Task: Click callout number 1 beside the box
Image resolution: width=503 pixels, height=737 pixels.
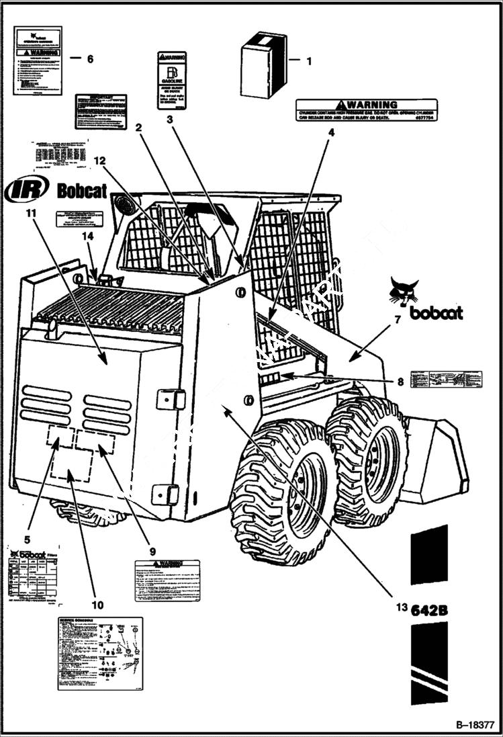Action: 309,61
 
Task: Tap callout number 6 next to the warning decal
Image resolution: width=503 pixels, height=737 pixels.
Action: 90,58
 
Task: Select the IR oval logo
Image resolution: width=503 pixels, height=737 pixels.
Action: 26,190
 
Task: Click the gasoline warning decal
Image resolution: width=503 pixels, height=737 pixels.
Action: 172,80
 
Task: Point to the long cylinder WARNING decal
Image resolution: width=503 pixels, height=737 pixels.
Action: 367,110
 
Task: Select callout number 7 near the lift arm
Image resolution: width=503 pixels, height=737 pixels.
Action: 397,320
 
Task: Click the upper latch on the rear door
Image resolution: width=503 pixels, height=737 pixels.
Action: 171,399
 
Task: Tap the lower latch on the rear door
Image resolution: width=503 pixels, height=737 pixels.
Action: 165,494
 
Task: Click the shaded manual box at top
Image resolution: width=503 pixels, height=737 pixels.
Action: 264,64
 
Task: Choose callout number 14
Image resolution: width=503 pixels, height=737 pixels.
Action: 87,236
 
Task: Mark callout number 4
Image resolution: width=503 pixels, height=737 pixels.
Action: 330,133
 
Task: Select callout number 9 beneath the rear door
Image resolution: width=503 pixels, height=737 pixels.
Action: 152,551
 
